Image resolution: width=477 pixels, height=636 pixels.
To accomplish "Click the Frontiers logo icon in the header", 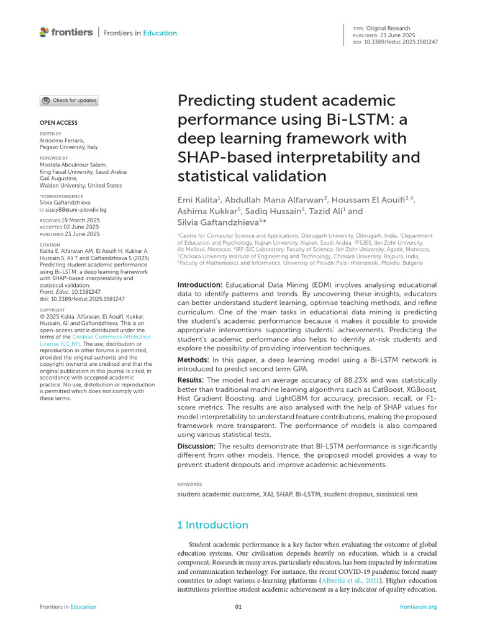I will pos(43,32).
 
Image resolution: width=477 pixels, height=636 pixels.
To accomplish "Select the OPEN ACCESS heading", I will pos(58,123).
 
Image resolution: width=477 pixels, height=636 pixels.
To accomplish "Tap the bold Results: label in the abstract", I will pos(191,379).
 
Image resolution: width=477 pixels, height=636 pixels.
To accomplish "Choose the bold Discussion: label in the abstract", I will pos(196,446).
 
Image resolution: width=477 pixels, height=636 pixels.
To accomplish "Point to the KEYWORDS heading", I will pos(190,484).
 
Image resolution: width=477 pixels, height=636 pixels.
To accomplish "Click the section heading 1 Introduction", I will pos(212,525).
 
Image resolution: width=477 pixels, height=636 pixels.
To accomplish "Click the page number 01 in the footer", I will pos(238,607).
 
